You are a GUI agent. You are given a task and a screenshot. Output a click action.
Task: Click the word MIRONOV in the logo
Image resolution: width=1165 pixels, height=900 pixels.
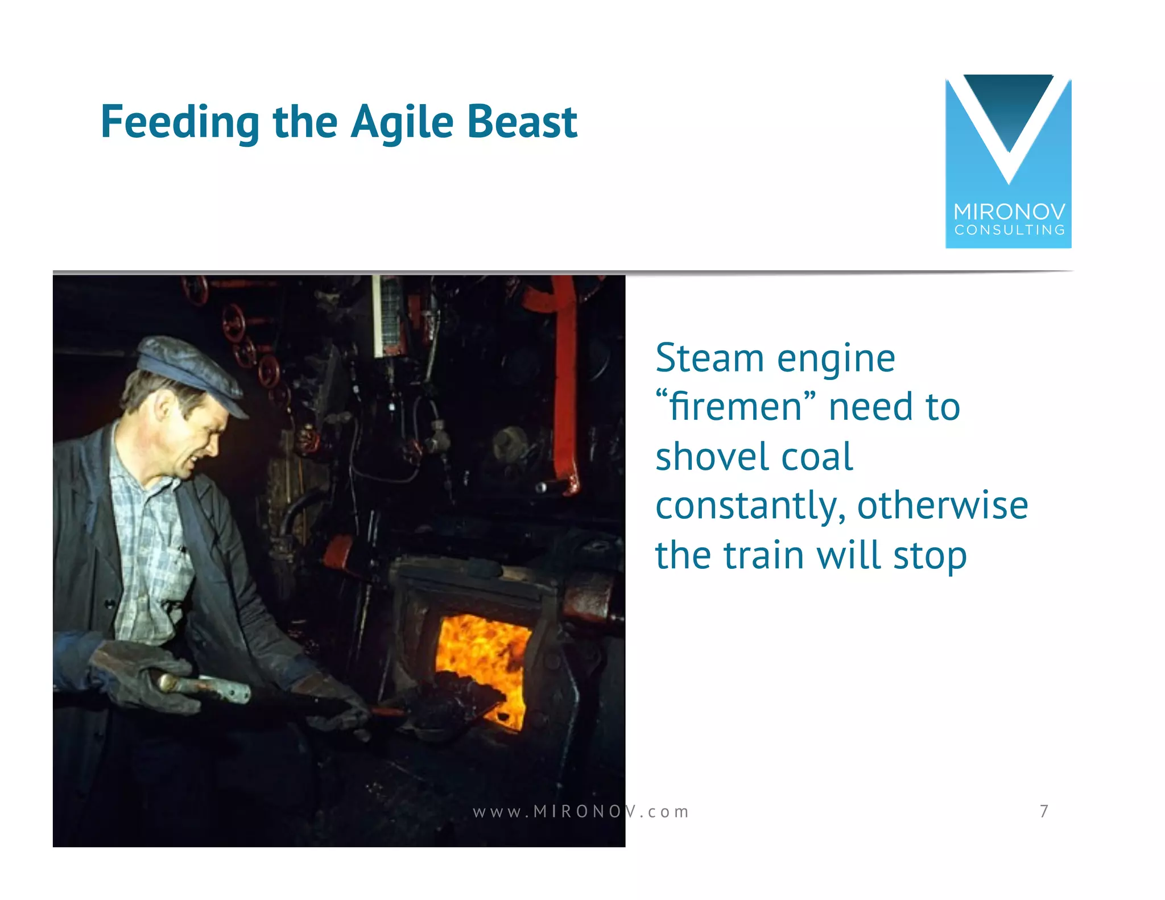point(1009,212)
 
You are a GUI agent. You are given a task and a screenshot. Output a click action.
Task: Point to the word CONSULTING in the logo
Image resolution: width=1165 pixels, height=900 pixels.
point(1009,230)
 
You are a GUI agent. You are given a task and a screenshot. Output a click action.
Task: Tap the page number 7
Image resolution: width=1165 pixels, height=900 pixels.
point(1044,811)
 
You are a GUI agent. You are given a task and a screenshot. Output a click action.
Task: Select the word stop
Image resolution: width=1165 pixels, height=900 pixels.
point(929,556)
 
